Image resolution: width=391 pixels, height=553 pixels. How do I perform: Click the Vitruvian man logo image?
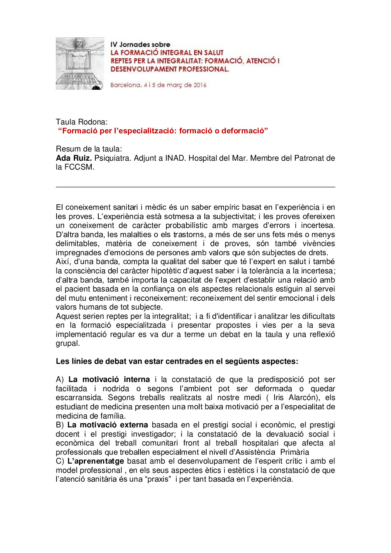(80, 64)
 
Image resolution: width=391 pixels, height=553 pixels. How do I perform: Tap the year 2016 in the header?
(200, 85)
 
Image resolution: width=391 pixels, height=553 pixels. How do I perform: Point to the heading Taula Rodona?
(82, 122)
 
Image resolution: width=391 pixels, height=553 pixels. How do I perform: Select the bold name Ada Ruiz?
(74, 158)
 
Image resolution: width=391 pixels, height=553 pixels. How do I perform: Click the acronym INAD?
(176, 158)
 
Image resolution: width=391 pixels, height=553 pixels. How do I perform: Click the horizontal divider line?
(195, 187)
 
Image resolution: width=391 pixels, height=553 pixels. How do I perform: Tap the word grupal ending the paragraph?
(67, 343)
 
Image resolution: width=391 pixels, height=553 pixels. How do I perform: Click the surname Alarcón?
(303, 397)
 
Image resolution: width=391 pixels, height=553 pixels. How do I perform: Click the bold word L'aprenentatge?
(96, 461)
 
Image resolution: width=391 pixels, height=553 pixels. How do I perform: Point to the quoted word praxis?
(159, 479)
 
